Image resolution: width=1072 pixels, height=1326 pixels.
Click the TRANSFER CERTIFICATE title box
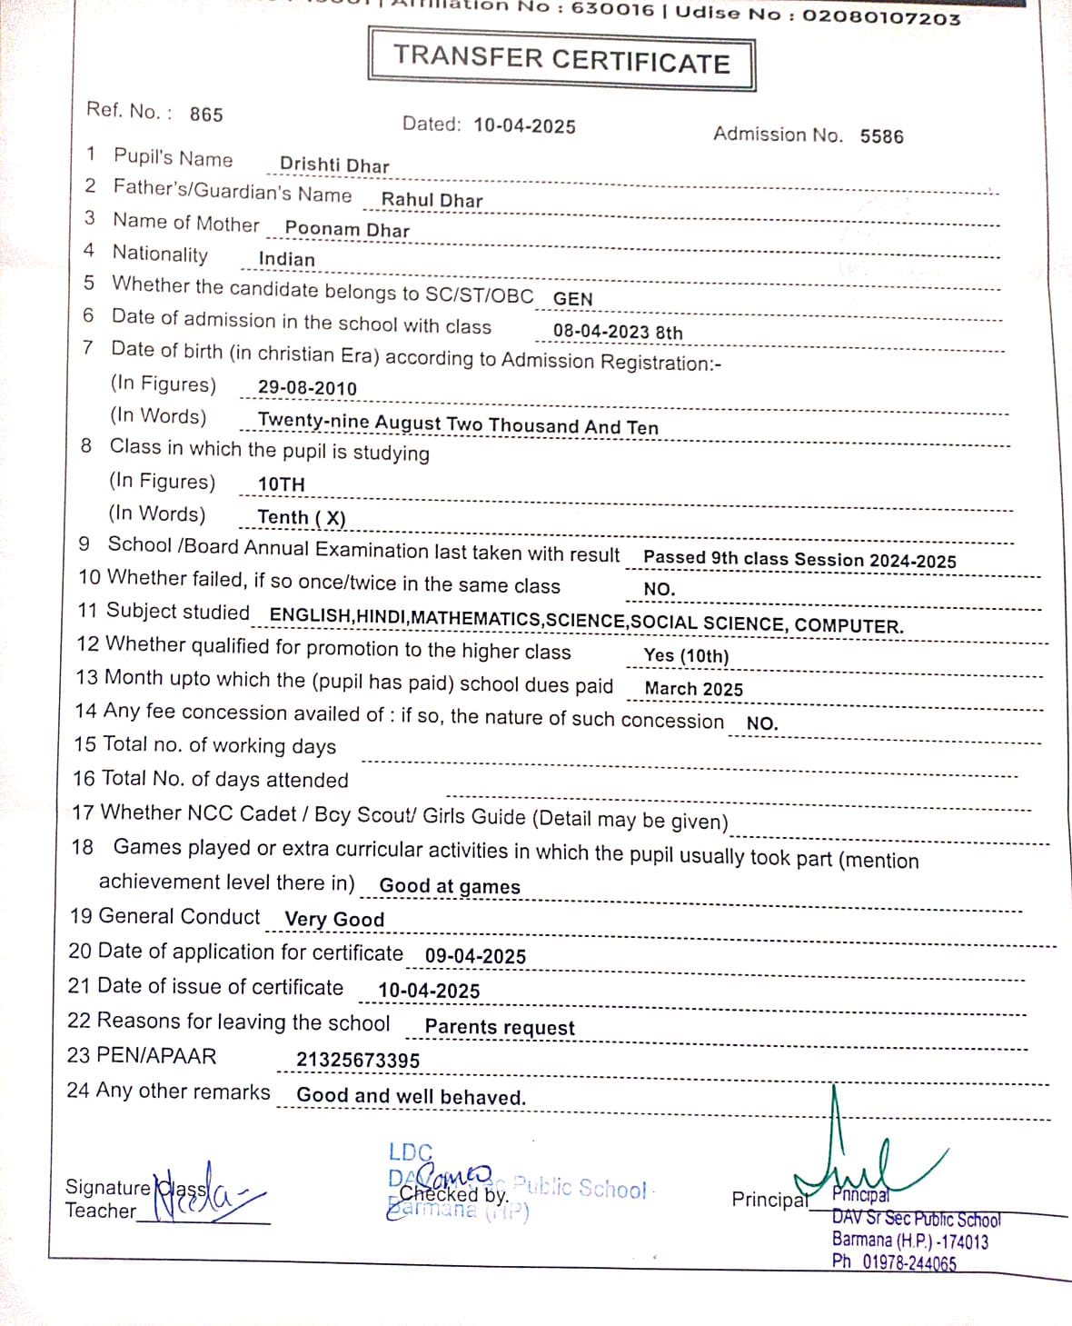coord(561,59)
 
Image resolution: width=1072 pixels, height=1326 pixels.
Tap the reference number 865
coord(206,115)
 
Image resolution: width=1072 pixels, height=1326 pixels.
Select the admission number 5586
coord(881,136)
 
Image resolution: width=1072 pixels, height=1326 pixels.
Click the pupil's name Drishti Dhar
coord(334,165)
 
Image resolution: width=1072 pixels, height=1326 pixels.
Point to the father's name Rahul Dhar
coord(432,200)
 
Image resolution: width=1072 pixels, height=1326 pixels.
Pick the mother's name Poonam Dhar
coord(347,230)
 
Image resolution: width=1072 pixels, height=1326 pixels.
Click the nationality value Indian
coord(286,259)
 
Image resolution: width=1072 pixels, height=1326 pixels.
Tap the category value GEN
coord(572,299)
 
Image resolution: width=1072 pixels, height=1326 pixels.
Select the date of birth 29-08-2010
coord(307,388)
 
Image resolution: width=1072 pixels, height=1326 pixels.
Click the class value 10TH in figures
coord(282,484)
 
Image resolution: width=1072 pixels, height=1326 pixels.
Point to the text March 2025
coord(693,689)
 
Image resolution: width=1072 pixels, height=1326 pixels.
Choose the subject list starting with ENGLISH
coord(586,622)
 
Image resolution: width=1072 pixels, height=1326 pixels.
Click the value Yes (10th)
coord(686,655)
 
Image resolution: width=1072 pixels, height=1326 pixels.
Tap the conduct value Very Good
coord(334,919)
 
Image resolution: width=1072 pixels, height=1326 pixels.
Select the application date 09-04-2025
coord(475,956)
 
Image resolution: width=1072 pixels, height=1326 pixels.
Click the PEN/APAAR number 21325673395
coord(358,1061)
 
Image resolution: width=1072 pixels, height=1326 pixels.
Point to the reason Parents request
coord(500,1027)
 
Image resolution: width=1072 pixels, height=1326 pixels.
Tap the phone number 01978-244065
coord(908,1262)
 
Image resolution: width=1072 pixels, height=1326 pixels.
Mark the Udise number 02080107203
coord(880,16)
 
